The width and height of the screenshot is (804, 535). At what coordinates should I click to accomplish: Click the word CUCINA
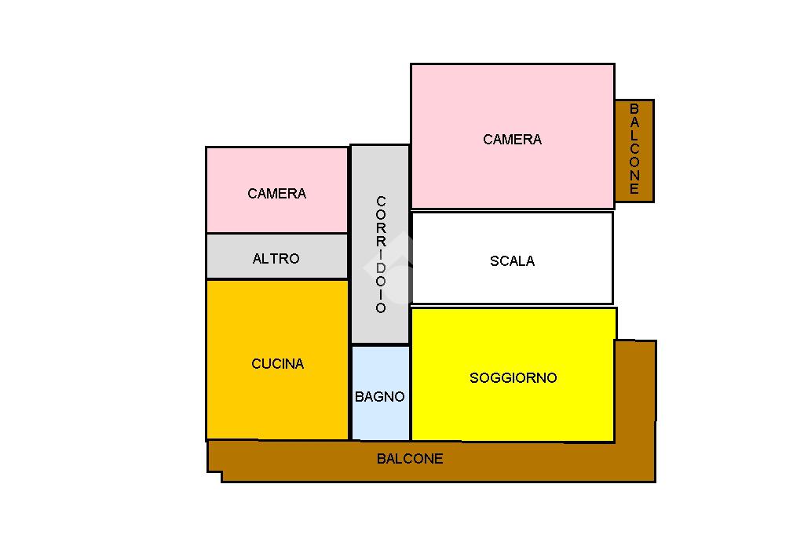pyautogui.click(x=277, y=364)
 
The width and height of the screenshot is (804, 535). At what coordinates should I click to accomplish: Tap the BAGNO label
pyautogui.click(x=380, y=397)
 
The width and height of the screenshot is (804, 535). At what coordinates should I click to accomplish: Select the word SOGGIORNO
pyautogui.click(x=513, y=378)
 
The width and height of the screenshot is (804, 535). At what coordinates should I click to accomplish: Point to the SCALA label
pyautogui.click(x=512, y=261)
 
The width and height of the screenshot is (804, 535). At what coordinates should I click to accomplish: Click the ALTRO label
pyautogui.click(x=276, y=259)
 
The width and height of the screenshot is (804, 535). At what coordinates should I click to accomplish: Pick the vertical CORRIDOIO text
pyautogui.click(x=381, y=254)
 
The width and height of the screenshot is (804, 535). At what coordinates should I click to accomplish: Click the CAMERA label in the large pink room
pyautogui.click(x=512, y=140)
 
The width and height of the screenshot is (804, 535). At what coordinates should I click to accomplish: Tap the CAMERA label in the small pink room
pyautogui.click(x=276, y=194)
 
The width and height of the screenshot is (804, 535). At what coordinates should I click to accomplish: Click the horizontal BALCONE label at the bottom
pyautogui.click(x=410, y=459)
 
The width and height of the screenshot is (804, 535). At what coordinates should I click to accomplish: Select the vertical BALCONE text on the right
pyautogui.click(x=634, y=149)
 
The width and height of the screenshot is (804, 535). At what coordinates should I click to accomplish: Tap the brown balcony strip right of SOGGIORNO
pyautogui.click(x=635, y=392)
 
